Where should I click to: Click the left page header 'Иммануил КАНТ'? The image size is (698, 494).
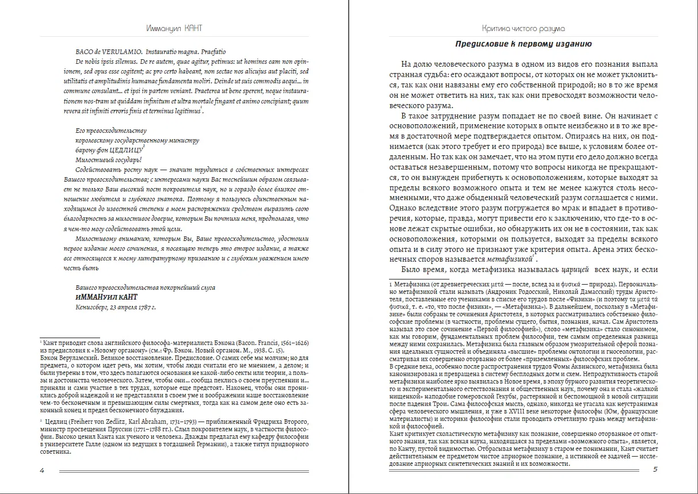click(174, 28)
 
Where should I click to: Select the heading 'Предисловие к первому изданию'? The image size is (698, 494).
click(523, 44)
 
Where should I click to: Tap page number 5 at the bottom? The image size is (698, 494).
click(655, 470)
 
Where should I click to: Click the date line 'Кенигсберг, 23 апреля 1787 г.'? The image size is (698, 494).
click(116, 307)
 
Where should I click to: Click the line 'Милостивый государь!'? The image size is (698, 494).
click(108, 160)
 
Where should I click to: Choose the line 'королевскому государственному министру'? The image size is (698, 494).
click(137, 140)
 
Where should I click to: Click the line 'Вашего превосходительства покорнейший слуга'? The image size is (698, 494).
click(145, 288)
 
